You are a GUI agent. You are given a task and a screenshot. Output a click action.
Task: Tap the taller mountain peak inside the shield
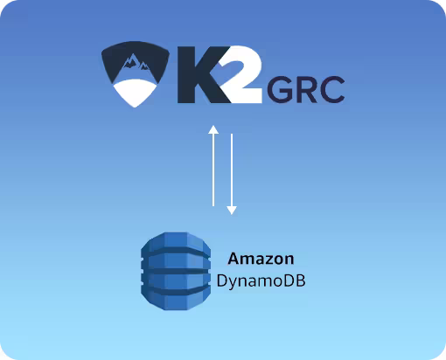130,61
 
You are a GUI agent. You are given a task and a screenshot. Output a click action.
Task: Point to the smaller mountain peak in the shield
144,66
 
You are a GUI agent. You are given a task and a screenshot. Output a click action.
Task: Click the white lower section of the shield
135,93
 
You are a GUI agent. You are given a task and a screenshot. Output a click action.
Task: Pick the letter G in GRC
279,89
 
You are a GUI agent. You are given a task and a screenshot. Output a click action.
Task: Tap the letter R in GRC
306,89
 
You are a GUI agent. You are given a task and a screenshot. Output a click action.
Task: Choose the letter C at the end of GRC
332,89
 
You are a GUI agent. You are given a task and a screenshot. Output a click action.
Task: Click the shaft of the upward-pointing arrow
213,170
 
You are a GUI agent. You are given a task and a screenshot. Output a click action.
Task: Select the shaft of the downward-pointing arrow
232,170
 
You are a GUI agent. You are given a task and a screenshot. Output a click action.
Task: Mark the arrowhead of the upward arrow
213,129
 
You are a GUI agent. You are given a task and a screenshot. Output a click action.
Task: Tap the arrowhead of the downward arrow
232,211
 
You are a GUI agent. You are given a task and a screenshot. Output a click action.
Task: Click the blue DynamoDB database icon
176,271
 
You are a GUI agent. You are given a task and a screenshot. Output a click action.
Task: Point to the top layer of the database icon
176,243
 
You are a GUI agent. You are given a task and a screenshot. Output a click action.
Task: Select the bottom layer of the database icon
176,299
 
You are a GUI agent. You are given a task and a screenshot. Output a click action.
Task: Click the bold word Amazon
261,259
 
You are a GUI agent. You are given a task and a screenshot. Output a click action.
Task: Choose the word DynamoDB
261,281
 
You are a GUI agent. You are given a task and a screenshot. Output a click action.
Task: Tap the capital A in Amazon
233,259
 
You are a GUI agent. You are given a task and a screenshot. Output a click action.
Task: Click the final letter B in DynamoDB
301,280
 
